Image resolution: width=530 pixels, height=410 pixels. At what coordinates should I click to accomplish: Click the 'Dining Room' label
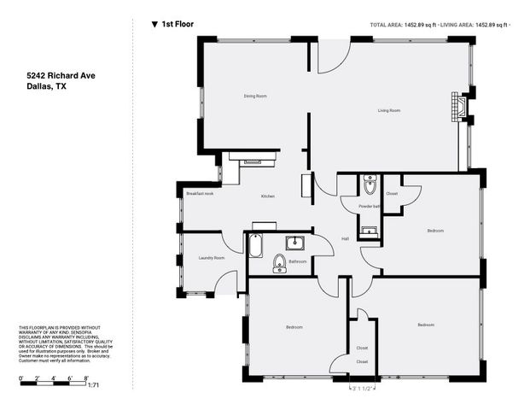pos(255,96)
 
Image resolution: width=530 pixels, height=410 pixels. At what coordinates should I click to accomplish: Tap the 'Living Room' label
pos(390,110)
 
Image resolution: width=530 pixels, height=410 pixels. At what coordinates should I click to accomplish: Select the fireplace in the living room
pos(459,108)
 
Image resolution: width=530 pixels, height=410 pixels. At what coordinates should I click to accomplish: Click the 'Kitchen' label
pos(267,197)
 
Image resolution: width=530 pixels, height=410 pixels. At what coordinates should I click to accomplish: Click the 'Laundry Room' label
pos(212,257)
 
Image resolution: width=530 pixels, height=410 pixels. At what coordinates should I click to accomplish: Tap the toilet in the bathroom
pos(279,263)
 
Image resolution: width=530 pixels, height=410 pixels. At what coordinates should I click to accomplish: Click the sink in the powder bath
pos(369,230)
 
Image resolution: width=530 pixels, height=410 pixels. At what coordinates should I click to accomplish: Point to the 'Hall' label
pos(346,238)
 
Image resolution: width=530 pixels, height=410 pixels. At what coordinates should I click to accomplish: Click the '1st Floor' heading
pos(177,25)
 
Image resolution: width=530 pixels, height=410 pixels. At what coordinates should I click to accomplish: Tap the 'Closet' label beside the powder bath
pos(392,194)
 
